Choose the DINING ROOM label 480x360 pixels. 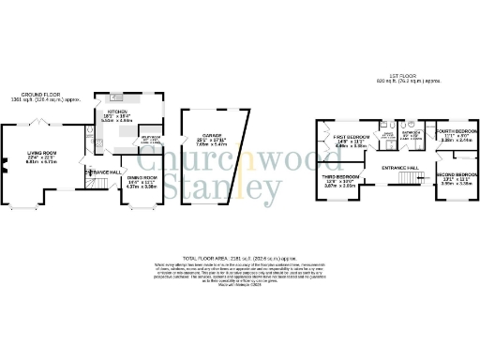point(141,177)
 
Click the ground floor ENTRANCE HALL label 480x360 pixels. point(104,172)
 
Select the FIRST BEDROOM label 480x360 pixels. point(350,137)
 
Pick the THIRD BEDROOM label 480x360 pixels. point(341,176)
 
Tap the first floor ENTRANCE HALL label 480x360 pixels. point(398,167)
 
